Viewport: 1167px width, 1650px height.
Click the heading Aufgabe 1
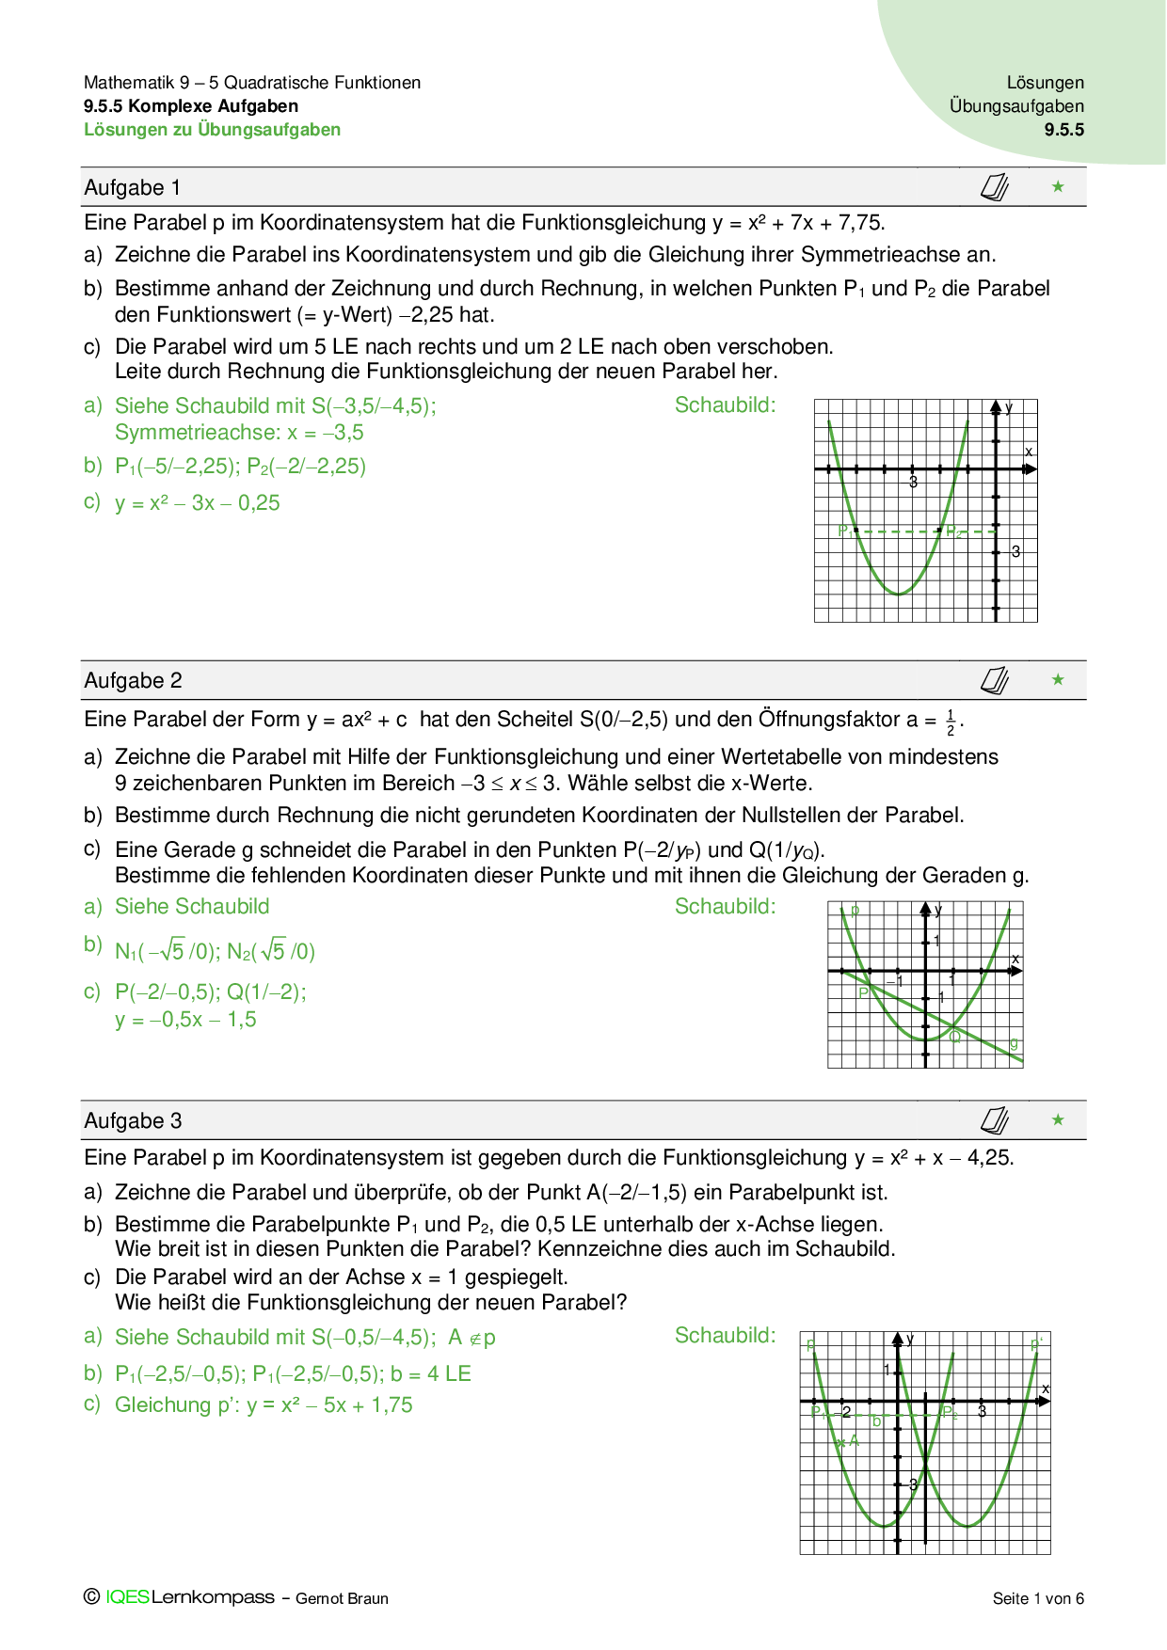[132, 188]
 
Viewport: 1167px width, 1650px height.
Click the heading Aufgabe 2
[133, 681]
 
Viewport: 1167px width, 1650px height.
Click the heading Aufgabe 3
[133, 1121]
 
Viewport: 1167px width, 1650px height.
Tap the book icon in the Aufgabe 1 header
[995, 188]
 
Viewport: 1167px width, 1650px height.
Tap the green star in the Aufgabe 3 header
[1058, 1119]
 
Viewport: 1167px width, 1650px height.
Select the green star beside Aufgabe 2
[1058, 679]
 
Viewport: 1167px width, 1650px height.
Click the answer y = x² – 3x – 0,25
[198, 503]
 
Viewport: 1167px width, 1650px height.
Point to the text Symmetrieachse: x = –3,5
[239, 433]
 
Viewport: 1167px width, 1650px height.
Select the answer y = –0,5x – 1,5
[185, 1020]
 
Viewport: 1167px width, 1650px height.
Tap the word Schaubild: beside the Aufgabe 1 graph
[725, 405]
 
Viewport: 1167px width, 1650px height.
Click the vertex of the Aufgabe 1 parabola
[899, 595]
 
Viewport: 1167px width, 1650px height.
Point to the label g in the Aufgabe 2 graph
[1014, 1043]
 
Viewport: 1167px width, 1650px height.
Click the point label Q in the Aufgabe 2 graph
[955, 1037]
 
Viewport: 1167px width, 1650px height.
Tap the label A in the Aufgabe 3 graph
[854, 1440]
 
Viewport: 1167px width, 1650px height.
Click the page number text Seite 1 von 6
[1038, 1598]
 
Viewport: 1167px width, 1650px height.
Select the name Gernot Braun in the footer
[342, 1598]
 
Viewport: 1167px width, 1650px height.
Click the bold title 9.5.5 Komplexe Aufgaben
[191, 106]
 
